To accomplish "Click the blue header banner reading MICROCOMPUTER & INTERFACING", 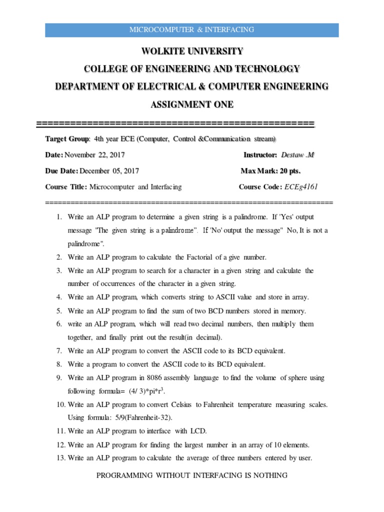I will click(192, 29).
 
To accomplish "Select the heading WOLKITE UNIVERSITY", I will click(192, 51).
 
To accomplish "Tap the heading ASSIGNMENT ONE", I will click(192, 104).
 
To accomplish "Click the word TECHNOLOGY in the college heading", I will click(264, 68).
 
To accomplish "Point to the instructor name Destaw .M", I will click(297, 155).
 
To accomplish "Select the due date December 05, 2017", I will click(109, 171).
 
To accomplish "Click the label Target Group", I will click(67, 138).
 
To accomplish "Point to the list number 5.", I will click(58, 310).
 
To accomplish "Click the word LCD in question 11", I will click(199, 431).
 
